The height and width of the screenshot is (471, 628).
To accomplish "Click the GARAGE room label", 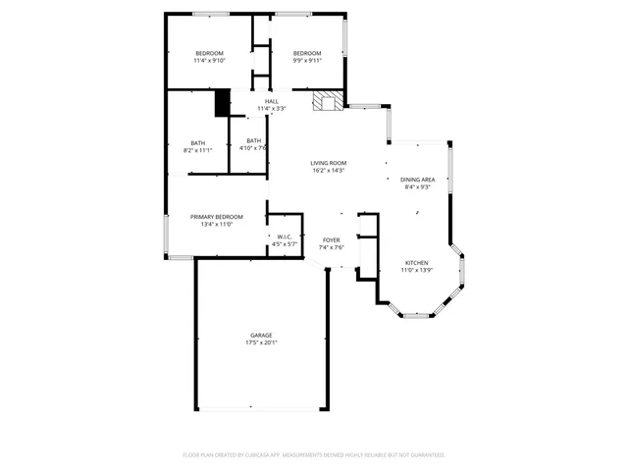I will (260, 335).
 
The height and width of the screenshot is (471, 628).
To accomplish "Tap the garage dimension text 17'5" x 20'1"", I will (260, 342).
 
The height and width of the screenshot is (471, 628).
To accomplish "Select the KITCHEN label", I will (417, 262).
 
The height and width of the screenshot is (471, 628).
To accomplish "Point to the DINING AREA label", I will (417, 180).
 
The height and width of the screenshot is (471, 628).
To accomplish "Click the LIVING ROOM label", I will (328, 163).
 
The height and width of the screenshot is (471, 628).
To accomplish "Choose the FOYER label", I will (333, 239).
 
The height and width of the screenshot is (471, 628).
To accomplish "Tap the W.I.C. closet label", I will (283, 236).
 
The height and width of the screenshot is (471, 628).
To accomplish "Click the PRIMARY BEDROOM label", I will (216, 216).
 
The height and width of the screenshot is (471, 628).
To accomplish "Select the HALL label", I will (271, 101).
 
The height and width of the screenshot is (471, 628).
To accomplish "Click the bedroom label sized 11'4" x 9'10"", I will (209, 53).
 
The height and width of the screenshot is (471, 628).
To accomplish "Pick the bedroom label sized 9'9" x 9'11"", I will (306, 53).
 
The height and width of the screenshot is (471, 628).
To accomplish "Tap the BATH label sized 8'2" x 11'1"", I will (197, 142).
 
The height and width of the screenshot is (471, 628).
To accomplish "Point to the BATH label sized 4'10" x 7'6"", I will (254, 140).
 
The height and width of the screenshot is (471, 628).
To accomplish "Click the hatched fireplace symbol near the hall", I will (328, 101).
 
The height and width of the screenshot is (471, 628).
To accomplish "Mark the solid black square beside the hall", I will (222, 102).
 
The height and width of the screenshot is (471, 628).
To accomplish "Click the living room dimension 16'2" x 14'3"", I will (328, 171).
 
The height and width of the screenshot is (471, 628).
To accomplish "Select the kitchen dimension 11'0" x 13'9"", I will (417, 270).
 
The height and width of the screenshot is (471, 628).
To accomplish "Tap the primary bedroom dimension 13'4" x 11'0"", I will (216, 224).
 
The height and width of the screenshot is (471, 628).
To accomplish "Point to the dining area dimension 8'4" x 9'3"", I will (417, 187).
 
